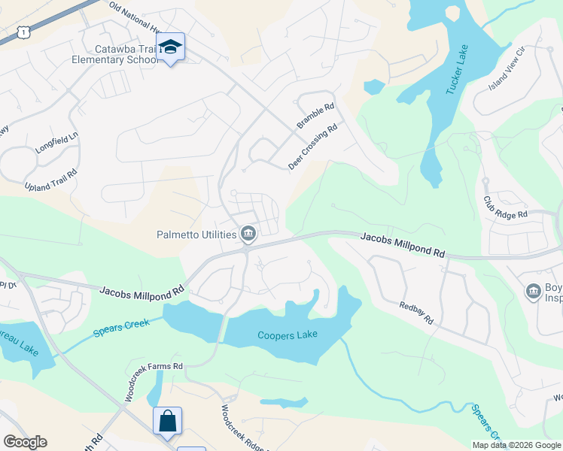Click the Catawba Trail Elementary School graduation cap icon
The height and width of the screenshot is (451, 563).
[171, 47]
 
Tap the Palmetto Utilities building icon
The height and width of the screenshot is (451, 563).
[248, 235]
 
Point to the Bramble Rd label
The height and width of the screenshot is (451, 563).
[315, 117]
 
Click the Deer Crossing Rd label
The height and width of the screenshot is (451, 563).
[312, 147]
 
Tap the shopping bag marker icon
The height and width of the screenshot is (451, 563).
[167, 420]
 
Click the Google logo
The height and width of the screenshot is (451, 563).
[25, 442]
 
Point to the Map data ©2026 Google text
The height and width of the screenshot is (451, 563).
[516, 444]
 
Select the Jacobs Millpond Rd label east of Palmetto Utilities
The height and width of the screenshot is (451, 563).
[403, 246]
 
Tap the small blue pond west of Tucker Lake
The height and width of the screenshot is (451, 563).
[373, 86]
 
